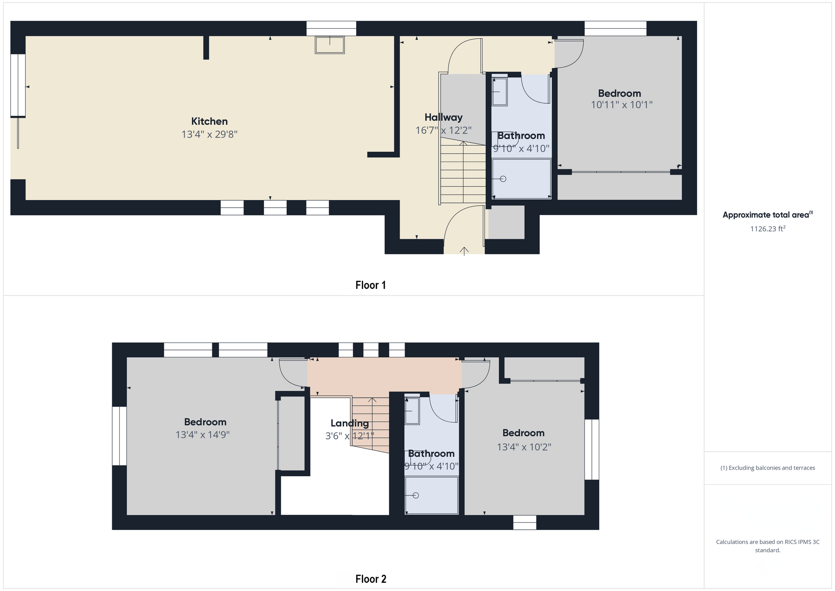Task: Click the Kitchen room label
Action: (x=209, y=121)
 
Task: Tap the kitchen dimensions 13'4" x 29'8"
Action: (x=209, y=134)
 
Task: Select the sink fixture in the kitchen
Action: (x=330, y=45)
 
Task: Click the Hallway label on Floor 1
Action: (x=443, y=118)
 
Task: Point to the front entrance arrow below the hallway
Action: (x=464, y=251)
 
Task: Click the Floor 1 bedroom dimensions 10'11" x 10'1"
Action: (x=621, y=105)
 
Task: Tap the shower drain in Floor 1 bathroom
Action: (x=503, y=179)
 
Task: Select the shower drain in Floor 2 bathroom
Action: (x=416, y=495)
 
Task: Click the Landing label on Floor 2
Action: (x=349, y=423)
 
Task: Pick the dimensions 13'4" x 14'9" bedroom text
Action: (x=202, y=435)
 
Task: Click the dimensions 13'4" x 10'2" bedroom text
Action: (x=524, y=447)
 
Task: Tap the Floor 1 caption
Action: (x=370, y=285)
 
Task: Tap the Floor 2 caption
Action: (x=370, y=579)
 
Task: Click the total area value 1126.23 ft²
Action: (x=767, y=229)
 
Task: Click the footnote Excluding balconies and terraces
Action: (x=767, y=468)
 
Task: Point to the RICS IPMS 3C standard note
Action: (x=767, y=546)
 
